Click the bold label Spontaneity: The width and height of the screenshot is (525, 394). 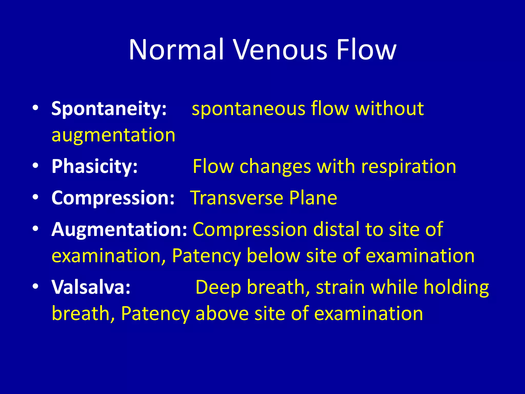click(x=109, y=109)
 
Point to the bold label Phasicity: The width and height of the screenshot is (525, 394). click(x=95, y=166)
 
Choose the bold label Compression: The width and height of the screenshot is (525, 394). click(x=113, y=198)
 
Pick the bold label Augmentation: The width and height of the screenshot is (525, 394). click(x=119, y=229)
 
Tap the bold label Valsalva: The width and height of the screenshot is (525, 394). click(x=91, y=287)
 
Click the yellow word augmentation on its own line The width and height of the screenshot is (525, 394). click(x=113, y=135)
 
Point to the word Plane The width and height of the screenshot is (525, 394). click(x=313, y=198)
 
